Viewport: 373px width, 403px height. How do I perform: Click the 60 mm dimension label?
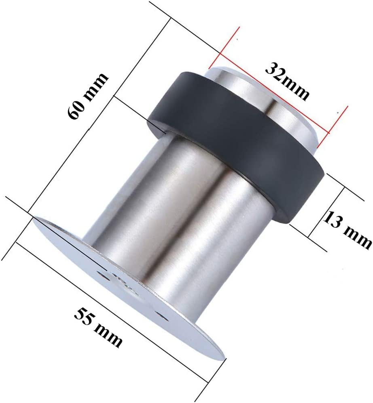tap(87, 97)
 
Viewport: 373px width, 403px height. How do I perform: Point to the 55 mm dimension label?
tap(98, 328)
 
